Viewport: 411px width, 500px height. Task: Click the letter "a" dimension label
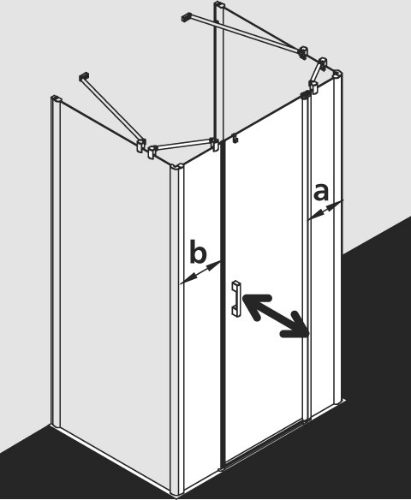(321, 193)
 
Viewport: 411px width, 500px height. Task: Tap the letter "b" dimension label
(198, 253)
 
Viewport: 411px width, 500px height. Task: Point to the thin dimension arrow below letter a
(325, 210)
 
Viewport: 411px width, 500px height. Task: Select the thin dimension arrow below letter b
(200, 272)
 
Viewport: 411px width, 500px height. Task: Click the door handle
(235, 298)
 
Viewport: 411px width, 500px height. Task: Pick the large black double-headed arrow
(276, 315)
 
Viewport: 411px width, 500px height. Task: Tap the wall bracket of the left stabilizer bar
(84, 76)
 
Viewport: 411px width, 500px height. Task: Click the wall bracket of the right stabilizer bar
(186, 16)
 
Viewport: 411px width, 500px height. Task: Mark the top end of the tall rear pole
(220, 5)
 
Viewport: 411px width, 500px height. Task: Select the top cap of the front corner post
(176, 167)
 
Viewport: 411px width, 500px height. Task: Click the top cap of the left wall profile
(56, 98)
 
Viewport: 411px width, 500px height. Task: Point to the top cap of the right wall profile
(337, 74)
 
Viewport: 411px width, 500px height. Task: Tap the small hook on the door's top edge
(235, 138)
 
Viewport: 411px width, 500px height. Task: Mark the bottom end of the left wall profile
(56, 424)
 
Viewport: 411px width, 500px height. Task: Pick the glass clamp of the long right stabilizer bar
(303, 52)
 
